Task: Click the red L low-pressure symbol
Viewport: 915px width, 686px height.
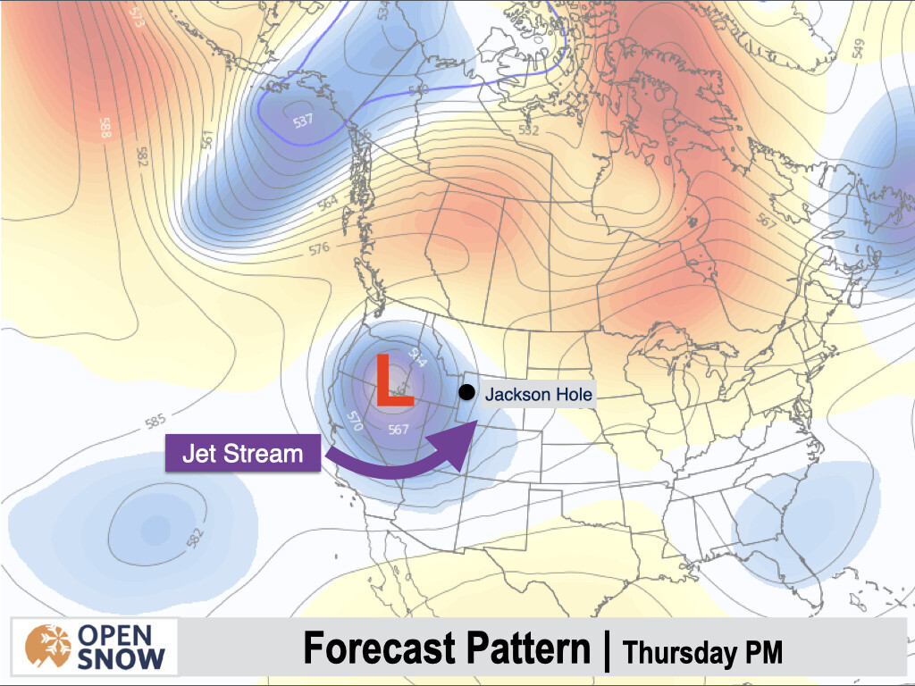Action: coord(393,381)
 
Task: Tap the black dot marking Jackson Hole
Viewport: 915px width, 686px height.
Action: coord(466,391)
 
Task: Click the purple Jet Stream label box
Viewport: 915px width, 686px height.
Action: coord(242,454)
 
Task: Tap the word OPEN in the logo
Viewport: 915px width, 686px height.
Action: coord(122,634)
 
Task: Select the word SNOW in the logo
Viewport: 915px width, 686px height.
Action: coord(122,660)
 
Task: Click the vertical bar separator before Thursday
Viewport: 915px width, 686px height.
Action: coord(607,650)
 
